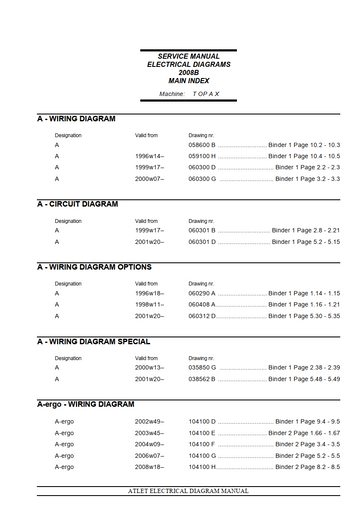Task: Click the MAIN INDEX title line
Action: [x=180, y=79]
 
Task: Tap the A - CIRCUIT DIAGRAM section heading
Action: [x=78, y=204]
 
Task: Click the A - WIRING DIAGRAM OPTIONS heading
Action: [x=95, y=268]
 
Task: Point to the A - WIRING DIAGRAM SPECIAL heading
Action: [x=93, y=342]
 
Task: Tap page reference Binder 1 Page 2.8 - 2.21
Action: [x=306, y=231]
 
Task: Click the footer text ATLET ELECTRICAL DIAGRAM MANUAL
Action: [x=180, y=493]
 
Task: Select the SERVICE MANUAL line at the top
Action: [x=180, y=55]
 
